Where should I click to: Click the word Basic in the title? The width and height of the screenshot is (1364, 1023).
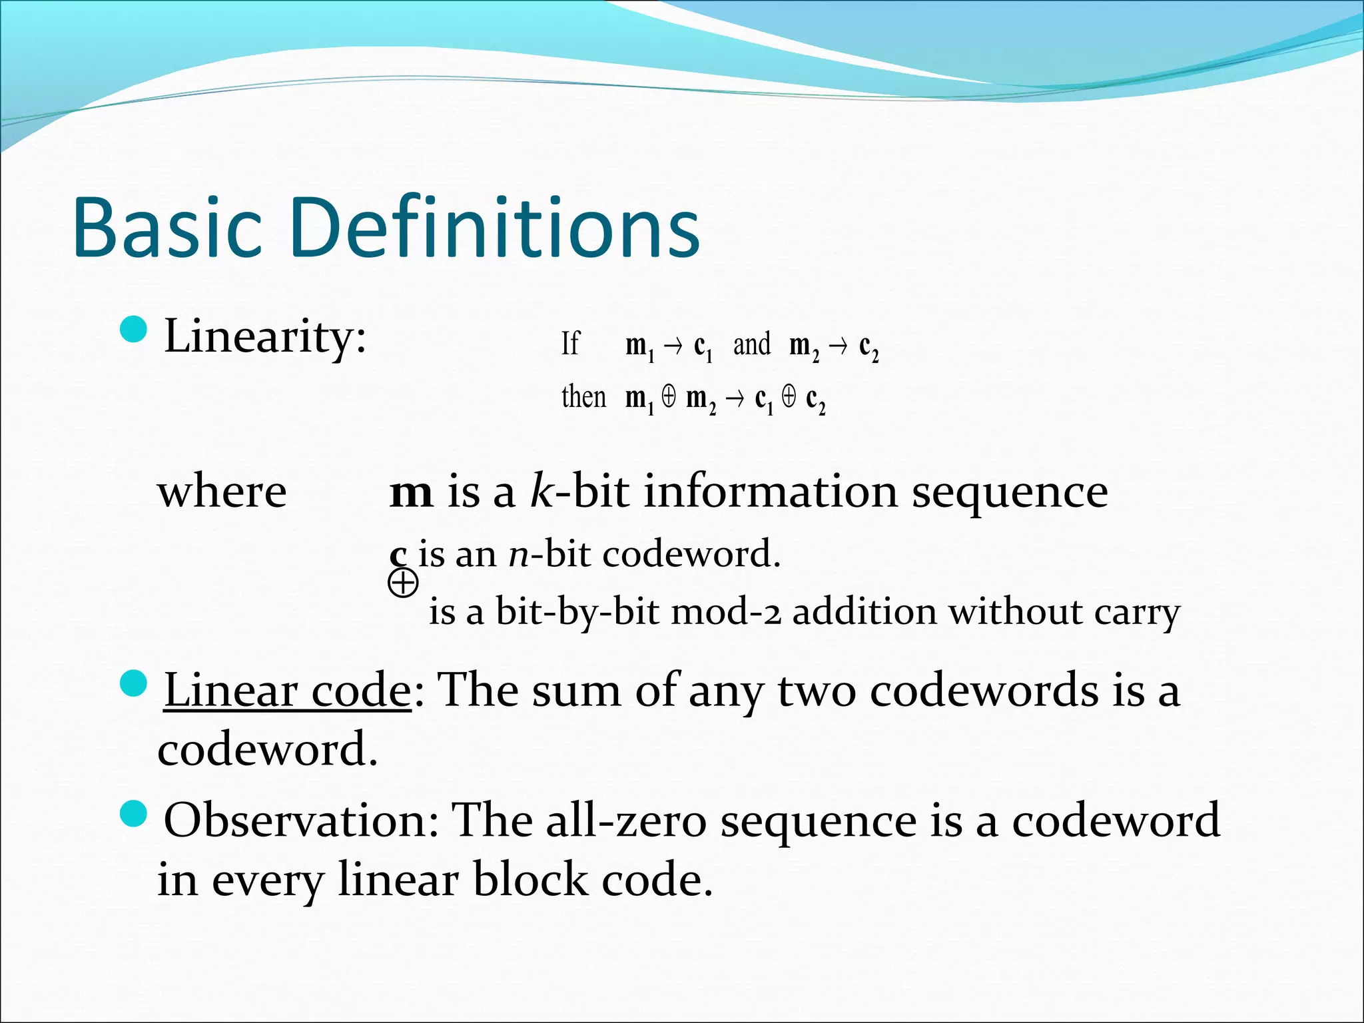click(x=167, y=228)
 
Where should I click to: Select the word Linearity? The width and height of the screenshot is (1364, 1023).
click(x=265, y=337)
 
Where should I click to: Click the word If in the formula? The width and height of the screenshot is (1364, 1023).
click(x=570, y=344)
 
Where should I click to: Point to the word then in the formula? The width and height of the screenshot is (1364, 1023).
click(x=583, y=398)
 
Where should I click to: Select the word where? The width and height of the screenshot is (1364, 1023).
click(x=222, y=493)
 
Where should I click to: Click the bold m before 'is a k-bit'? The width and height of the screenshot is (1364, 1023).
click(x=411, y=494)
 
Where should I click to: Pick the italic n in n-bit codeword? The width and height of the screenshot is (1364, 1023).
click(x=518, y=554)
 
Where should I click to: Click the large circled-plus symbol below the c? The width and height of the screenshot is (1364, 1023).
click(x=403, y=584)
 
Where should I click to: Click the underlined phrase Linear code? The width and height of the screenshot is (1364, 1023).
click(x=287, y=691)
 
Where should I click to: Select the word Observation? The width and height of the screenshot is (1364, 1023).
click(x=301, y=821)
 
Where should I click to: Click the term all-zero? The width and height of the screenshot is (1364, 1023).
click(x=626, y=821)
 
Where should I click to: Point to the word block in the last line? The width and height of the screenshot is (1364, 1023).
click(x=531, y=880)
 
